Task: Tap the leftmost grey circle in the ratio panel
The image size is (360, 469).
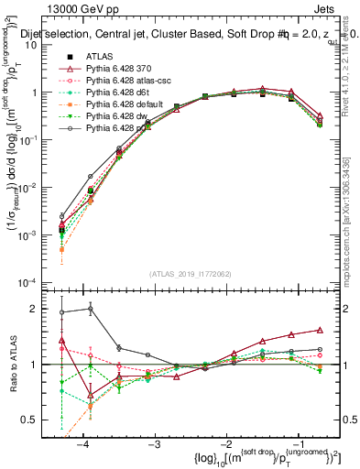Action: [61, 312]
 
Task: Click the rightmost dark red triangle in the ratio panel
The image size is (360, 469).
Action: [320, 329]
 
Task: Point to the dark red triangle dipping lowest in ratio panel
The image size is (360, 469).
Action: [90, 396]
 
